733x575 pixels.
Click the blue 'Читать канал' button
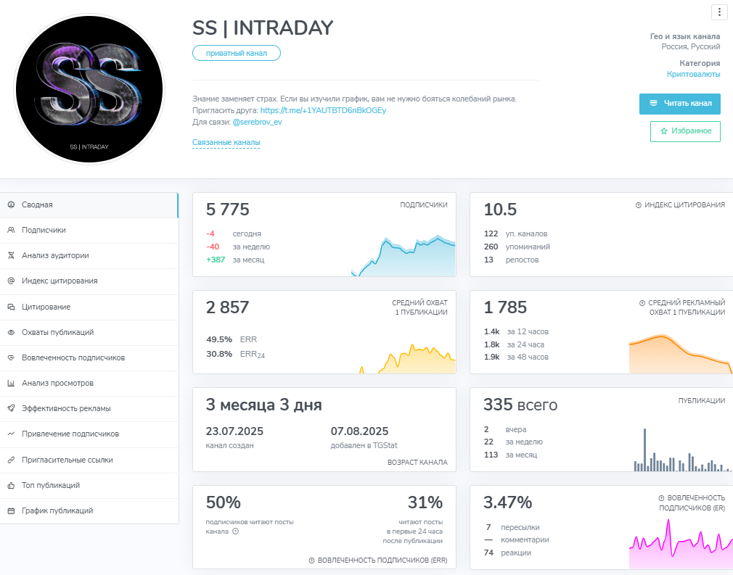click(679, 104)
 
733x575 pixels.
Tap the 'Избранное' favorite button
click(685, 131)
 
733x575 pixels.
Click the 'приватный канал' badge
click(236, 53)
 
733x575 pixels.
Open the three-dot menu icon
click(718, 12)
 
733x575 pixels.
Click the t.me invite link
click(323, 110)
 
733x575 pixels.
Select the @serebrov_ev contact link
click(257, 122)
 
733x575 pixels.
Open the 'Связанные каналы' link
click(226, 143)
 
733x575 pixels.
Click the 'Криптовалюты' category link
click(693, 74)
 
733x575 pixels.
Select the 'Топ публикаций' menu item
click(50, 485)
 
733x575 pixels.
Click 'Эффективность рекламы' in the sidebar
click(66, 408)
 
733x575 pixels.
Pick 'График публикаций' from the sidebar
click(57, 510)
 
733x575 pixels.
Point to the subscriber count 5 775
click(228, 210)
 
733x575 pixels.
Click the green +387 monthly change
click(216, 260)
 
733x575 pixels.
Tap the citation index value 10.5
click(500, 210)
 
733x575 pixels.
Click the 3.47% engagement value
click(507, 502)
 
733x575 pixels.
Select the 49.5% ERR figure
click(219, 339)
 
